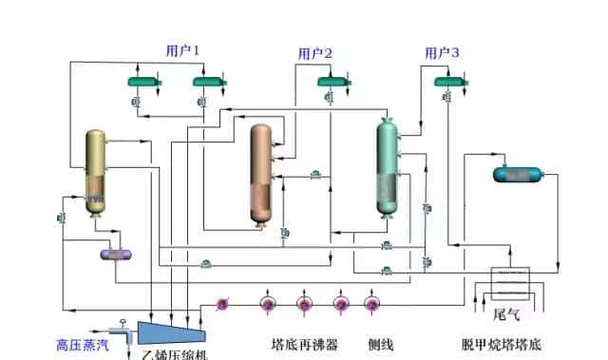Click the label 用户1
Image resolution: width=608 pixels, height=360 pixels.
point(182,50)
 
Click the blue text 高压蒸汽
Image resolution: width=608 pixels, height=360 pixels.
point(82,346)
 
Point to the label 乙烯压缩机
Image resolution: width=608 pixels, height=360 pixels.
point(175,353)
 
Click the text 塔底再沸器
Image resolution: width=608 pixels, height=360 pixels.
point(304,346)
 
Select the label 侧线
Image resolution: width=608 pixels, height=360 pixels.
point(382,346)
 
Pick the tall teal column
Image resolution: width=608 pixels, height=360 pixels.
point(388,169)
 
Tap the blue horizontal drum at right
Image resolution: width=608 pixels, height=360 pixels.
point(517,174)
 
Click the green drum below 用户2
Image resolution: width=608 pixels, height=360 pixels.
point(332,83)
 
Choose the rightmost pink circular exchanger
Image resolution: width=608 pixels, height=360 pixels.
point(370,304)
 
